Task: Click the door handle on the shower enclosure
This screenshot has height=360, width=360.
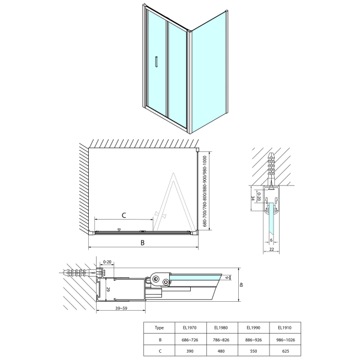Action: click(156, 64)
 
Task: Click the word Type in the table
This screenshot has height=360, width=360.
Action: click(160, 328)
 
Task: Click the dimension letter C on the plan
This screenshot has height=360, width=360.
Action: click(124, 215)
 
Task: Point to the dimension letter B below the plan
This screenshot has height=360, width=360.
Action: click(142, 242)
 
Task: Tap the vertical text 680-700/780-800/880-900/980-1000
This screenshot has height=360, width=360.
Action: click(206, 191)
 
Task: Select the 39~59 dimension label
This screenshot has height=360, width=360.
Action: click(119, 309)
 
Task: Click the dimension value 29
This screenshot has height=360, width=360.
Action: click(109, 289)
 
